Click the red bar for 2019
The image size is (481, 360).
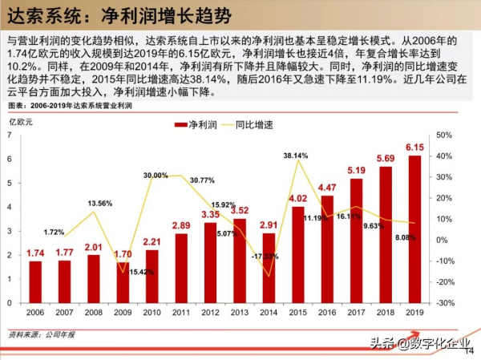414,229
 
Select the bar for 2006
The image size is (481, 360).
35,281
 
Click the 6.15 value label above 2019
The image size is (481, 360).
414,148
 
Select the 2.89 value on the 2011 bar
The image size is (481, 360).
181,226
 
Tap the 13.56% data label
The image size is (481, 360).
94,203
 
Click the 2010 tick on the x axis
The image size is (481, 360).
152,313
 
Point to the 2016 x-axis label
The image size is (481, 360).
327,313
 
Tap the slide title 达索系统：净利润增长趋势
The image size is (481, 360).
108,15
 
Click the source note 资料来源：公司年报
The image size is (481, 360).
37,332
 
